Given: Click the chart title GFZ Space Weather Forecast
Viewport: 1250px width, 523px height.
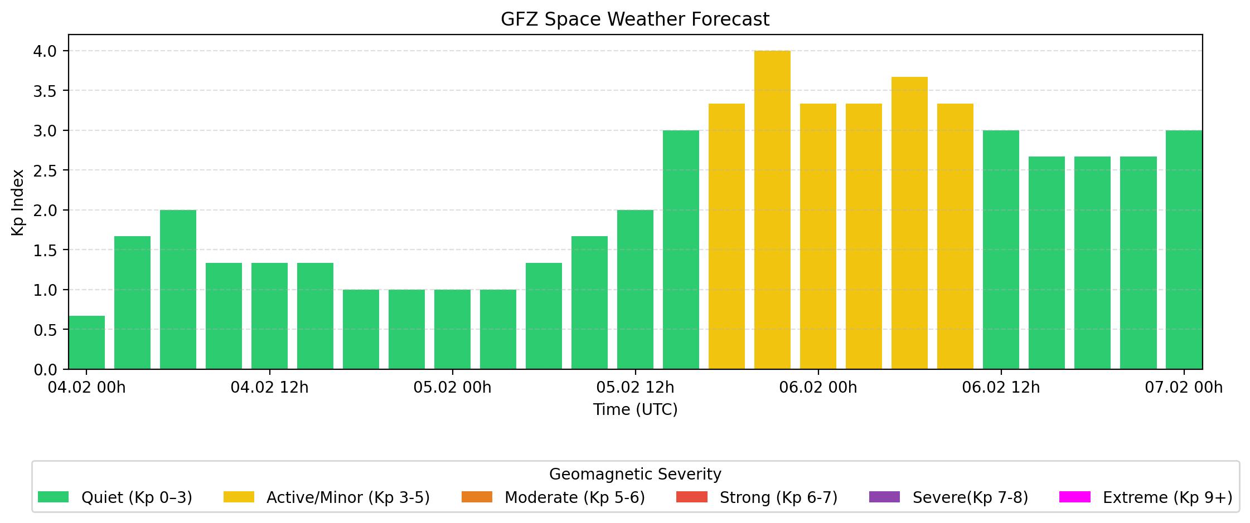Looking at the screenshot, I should [634, 19].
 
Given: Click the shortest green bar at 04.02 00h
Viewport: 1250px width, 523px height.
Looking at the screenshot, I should [87, 343].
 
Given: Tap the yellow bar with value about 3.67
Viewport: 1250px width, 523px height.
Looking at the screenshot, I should [909, 223].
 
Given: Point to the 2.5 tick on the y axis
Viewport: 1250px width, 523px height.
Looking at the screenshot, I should [45, 170].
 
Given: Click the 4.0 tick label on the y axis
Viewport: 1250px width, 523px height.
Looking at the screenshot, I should [45, 51].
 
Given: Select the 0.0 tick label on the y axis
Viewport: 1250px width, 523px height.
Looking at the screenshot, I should [45, 370].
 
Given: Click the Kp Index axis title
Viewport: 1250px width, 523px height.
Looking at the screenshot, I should [18, 202].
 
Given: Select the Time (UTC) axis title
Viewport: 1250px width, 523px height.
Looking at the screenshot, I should [635, 410].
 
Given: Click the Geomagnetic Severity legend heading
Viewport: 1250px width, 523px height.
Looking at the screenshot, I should [635, 475].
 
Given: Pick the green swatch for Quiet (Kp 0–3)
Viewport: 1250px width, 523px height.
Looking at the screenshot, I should [53, 497].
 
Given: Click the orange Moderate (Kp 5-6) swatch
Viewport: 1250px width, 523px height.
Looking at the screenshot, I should [477, 497].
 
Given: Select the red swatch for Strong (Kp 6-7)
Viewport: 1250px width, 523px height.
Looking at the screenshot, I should [691, 497].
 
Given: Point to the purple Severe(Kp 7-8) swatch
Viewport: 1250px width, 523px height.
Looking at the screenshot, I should [884, 497].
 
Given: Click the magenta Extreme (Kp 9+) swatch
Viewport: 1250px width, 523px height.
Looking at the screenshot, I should [1074, 497].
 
